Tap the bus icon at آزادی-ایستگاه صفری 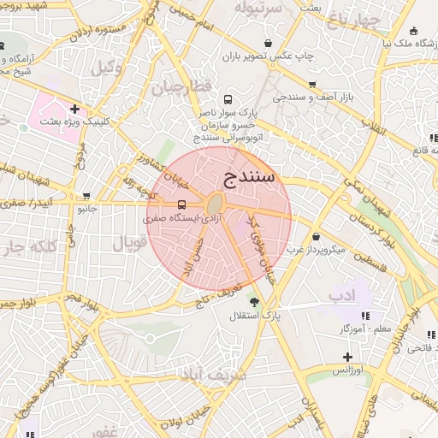(x=181, y=204)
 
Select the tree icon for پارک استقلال (x=252, y=301)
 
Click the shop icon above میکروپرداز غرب (x=317, y=236)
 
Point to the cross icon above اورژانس (x=347, y=356)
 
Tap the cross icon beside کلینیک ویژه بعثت (x=75, y=109)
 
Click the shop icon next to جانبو (x=86, y=196)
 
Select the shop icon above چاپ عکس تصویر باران (x=269, y=43)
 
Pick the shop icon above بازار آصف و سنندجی (x=312, y=84)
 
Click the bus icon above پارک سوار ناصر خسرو (x=227, y=98)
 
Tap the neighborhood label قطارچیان (x=181, y=86)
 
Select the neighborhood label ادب (x=343, y=295)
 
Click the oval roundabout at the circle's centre (x=215, y=204)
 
